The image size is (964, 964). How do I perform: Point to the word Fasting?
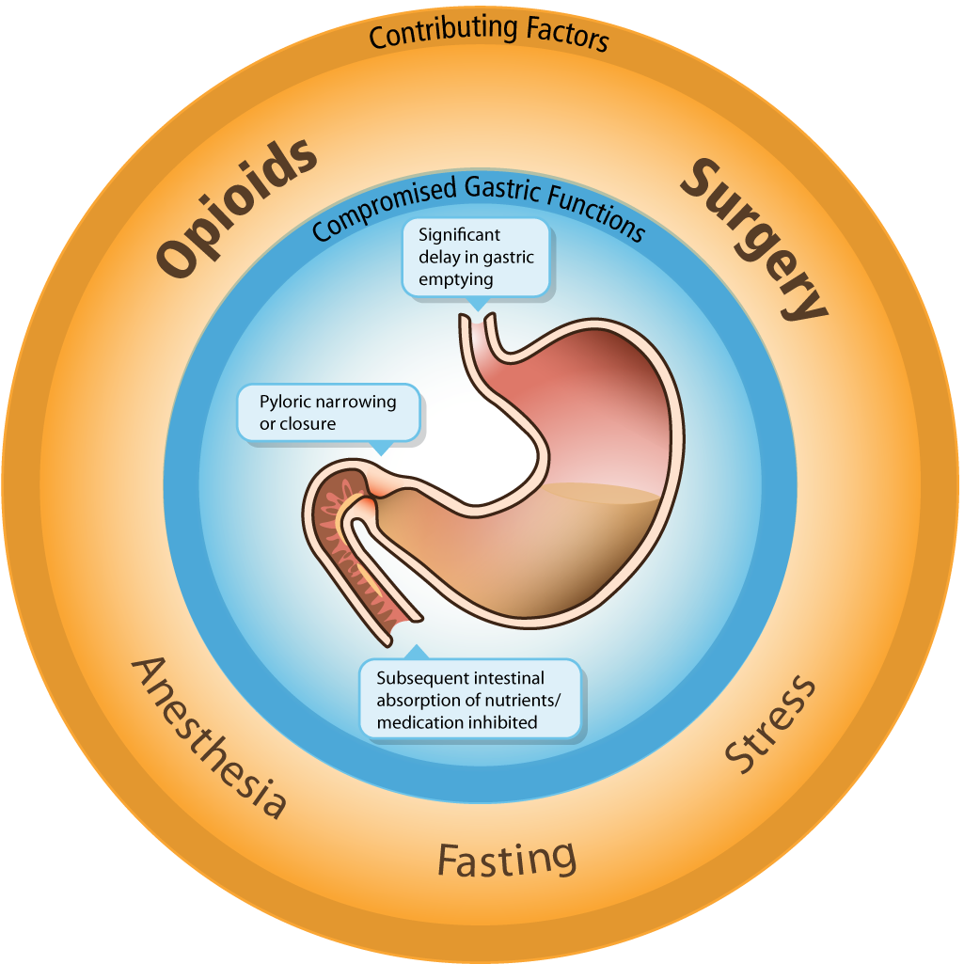pyautogui.click(x=507, y=859)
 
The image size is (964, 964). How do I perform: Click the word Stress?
pyautogui.click(x=770, y=723)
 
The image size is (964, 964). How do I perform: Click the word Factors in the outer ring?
pyautogui.click(x=564, y=36)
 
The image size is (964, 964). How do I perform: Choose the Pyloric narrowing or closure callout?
pyautogui.click(x=328, y=413)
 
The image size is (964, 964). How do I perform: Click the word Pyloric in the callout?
pyautogui.click(x=285, y=403)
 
